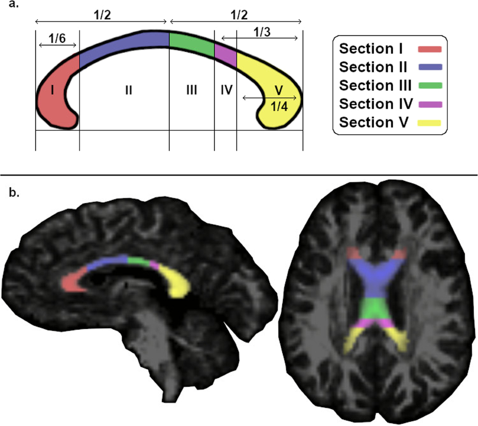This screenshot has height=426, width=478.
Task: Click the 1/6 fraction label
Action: pos(57,38)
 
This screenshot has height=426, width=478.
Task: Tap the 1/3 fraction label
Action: pos(262,32)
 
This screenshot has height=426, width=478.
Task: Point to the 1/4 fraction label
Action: pos(279,106)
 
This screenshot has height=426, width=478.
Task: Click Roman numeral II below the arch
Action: pos(128,90)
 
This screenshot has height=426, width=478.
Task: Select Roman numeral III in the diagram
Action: pos(192,90)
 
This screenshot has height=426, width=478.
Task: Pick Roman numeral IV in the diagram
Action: pos(226,90)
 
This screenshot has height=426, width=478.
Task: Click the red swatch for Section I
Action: pos(429,49)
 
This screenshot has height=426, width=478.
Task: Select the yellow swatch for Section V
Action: pos(429,123)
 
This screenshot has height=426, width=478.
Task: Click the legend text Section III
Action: pos(375,85)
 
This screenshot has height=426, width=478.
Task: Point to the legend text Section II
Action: pos(373,67)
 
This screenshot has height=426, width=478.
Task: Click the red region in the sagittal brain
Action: pos(72,283)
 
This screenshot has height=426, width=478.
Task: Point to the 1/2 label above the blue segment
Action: pos(102,15)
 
